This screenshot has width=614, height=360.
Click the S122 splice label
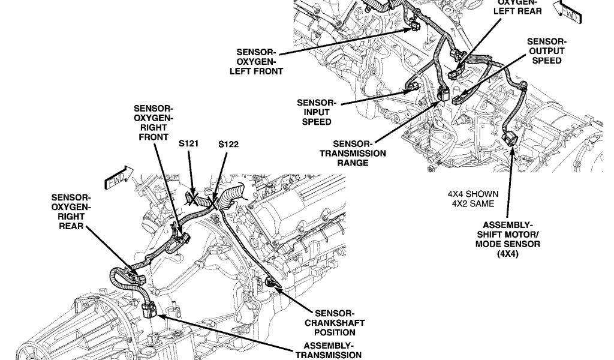(228, 145)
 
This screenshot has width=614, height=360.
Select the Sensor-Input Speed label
(317, 112)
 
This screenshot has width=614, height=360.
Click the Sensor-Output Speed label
(546, 51)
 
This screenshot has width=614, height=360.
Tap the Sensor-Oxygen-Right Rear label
(71, 211)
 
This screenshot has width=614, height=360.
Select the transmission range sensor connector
(444, 93)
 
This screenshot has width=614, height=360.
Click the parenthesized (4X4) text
(507, 254)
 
